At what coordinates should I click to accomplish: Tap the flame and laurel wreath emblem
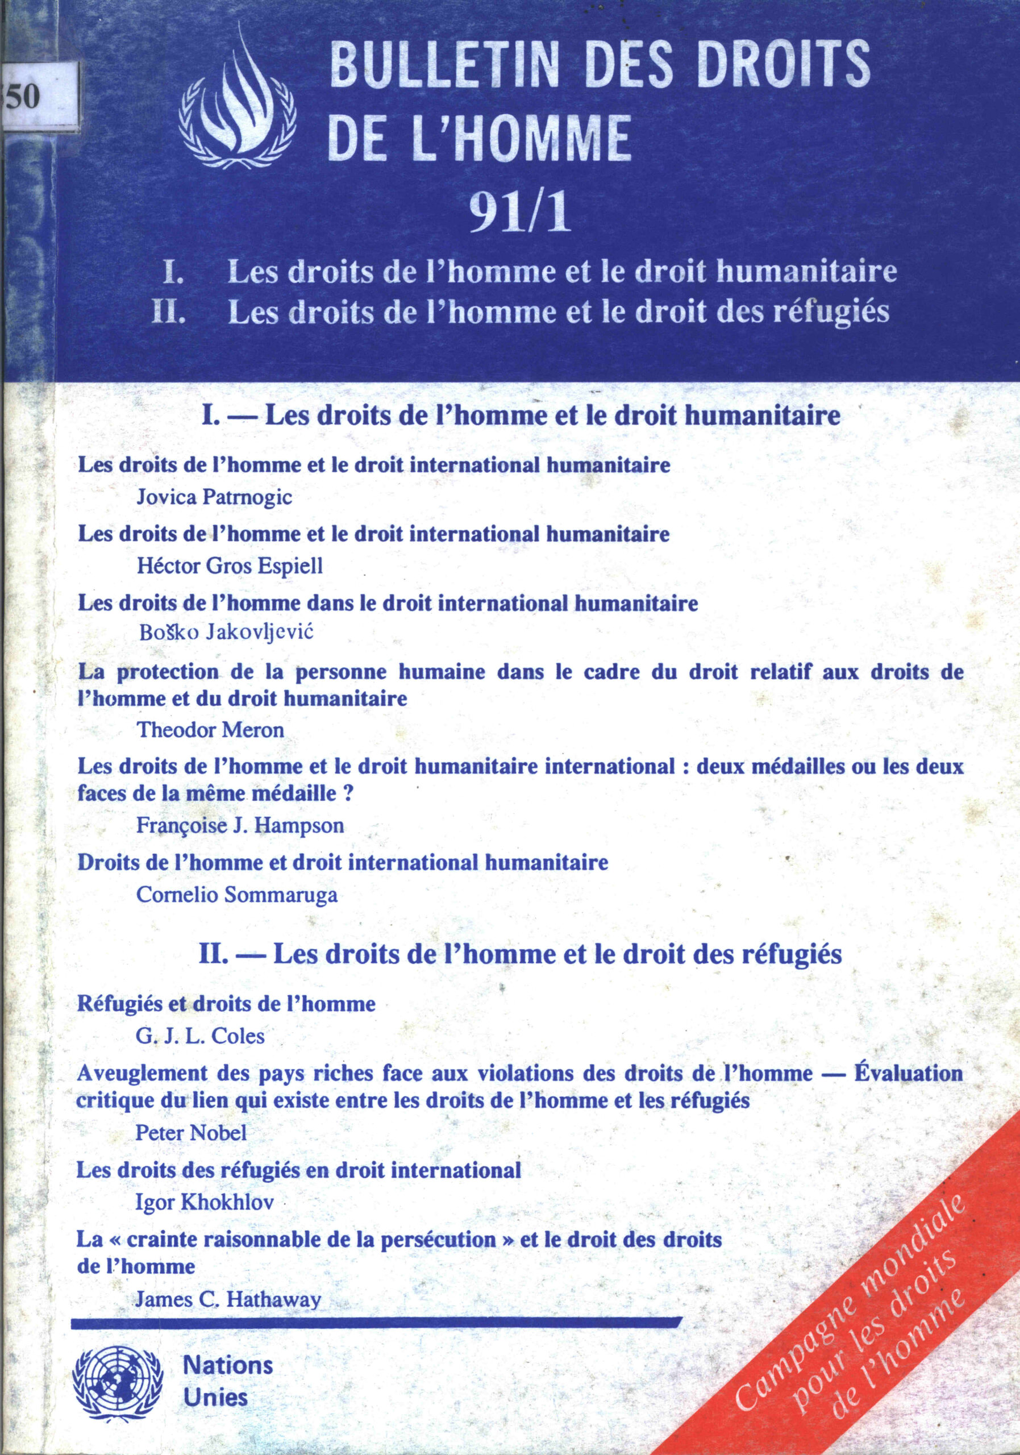[238, 109]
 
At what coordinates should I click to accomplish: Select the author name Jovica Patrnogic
[215, 497]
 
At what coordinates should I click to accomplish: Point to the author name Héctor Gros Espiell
[230, 566]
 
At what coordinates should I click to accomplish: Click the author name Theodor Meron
[211, 730]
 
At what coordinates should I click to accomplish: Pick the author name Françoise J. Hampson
[241, 825]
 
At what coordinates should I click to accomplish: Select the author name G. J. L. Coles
[200, 1036]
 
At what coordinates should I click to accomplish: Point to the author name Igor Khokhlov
[205, 1202]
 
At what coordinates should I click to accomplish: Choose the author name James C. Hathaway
[228, 1299]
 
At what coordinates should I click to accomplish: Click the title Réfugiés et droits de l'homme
[226, 1003]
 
